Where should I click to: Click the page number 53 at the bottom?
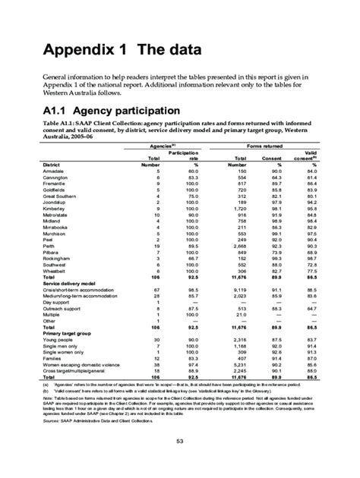[181, 442]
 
